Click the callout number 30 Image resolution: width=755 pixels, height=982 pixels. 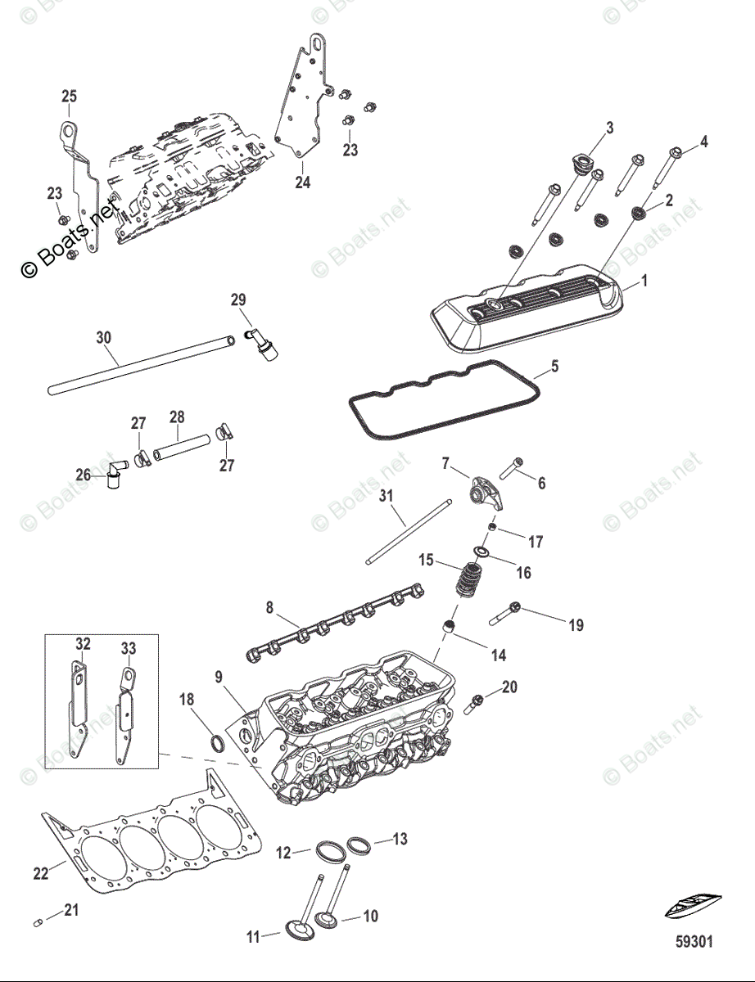(103, 338)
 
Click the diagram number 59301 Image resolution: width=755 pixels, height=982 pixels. (693, 942)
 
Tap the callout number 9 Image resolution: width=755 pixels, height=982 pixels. (219, 676)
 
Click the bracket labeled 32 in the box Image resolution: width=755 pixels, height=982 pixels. (77, 712)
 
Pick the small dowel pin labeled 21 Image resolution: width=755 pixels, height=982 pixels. (38, 924)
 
